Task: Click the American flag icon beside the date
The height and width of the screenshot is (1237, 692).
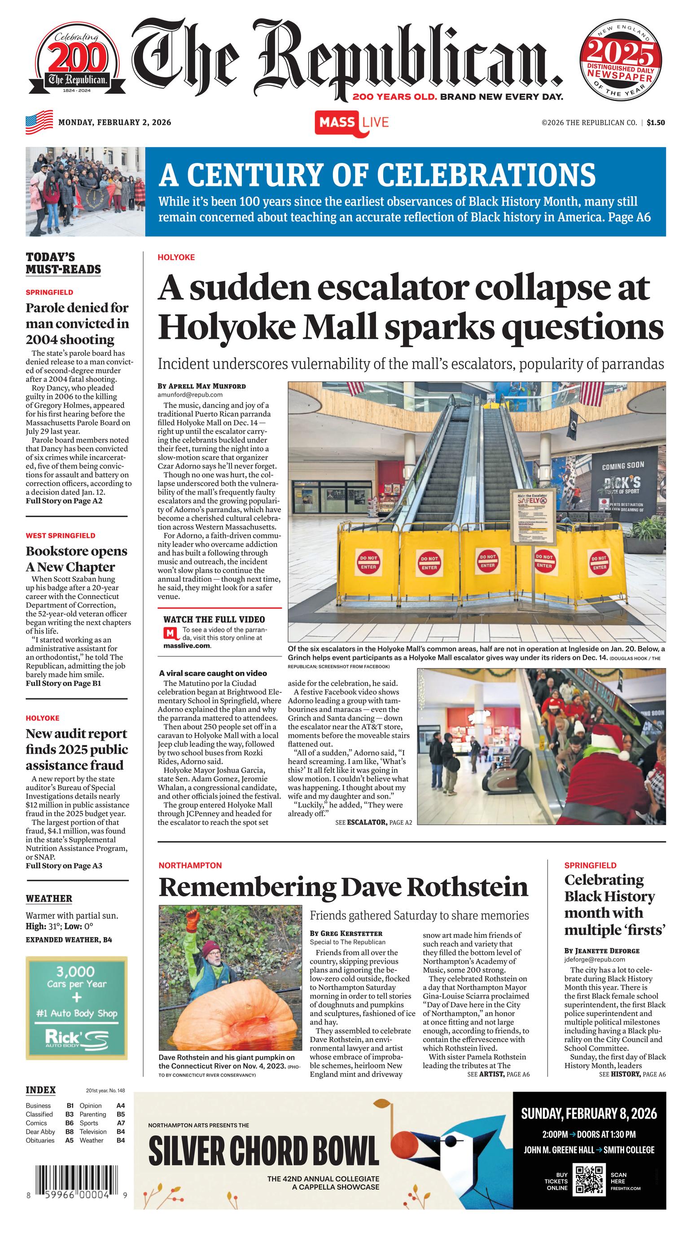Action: click(x=39, y=123)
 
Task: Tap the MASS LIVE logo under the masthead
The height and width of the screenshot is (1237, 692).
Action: click(x=351, y=123)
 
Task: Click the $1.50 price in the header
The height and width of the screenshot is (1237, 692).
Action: click(x=656, y=123)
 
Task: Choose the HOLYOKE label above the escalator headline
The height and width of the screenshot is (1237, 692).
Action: click(x=176, y=257)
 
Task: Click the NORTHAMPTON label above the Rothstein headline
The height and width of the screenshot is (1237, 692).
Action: click(x=190, y=865)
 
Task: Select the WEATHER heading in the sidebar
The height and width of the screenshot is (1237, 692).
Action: click(x=49, y=899)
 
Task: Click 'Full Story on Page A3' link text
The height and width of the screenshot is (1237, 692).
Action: click(x=64, y=866)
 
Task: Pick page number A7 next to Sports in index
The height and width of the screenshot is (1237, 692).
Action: click(x=121, y=1123)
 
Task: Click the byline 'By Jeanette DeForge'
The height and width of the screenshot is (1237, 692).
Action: click(x=602, y=951)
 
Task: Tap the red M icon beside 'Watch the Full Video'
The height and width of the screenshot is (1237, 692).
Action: click(x=170, y=633)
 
